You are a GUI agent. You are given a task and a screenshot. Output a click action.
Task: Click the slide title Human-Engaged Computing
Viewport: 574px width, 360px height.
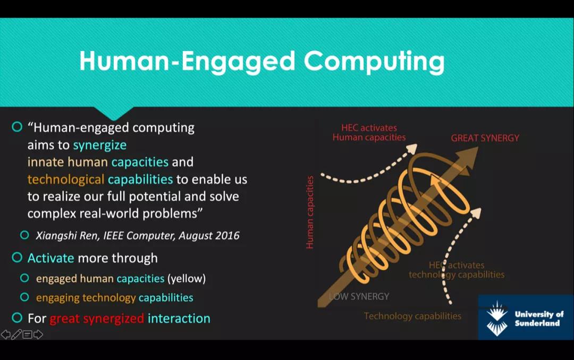[261, 61]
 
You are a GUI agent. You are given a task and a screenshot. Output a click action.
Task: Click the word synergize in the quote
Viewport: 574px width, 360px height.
[99, 145]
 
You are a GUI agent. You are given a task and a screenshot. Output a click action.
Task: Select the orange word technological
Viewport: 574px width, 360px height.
[66, 179]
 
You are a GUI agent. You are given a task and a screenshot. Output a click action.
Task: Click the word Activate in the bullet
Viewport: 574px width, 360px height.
[51, 258]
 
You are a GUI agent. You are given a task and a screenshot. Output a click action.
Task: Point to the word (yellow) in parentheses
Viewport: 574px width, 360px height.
[187, 279]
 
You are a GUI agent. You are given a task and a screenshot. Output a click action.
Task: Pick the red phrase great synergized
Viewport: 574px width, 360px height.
[97, 319]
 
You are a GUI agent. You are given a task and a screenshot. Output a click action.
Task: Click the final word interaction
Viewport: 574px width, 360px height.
[179, 318]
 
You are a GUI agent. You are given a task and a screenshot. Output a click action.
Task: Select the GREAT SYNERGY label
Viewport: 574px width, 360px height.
[485, 138]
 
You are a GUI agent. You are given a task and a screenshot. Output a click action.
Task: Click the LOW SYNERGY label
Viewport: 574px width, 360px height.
[359, 296]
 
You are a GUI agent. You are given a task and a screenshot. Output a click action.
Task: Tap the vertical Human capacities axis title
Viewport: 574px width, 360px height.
[310, 212]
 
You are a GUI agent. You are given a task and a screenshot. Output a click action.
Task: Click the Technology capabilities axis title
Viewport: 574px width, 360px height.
[412, 316]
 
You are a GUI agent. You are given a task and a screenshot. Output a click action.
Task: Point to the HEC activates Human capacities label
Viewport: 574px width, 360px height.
[369, 132]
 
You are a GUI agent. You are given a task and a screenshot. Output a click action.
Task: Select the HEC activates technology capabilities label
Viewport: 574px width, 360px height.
[457, 270]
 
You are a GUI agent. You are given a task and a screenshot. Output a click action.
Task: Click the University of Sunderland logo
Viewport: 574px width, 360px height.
[526, 317]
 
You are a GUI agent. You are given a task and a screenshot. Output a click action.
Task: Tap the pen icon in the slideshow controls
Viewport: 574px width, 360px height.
[16, 334]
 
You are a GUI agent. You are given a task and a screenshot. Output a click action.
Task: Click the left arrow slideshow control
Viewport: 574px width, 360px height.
[6, 334]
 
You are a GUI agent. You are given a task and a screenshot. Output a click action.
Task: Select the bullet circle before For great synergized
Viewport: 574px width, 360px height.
[17, 318]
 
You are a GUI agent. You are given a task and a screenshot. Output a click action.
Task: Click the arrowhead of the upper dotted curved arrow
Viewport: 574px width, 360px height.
[412, 148]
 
